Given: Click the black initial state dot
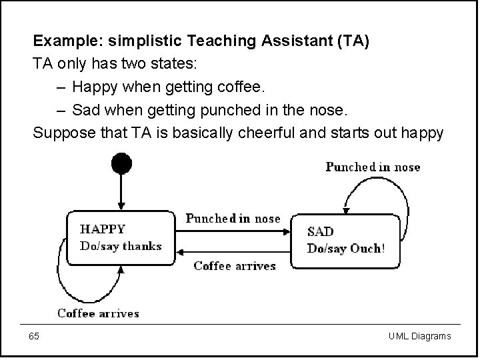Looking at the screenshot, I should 121,163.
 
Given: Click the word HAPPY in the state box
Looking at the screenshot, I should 103,229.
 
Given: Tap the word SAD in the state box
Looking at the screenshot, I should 320,232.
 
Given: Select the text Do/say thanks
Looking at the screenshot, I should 121,246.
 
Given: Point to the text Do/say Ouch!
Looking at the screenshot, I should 345,249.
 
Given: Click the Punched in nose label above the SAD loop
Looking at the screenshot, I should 373,167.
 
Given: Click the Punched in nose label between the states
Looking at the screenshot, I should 233,219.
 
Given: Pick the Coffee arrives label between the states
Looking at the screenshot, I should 234,265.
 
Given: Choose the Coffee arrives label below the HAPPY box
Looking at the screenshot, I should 98,313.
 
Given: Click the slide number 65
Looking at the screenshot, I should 34,336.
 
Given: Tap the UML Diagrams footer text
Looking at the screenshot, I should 419,336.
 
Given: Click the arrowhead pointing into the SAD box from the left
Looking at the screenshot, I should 287,230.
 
